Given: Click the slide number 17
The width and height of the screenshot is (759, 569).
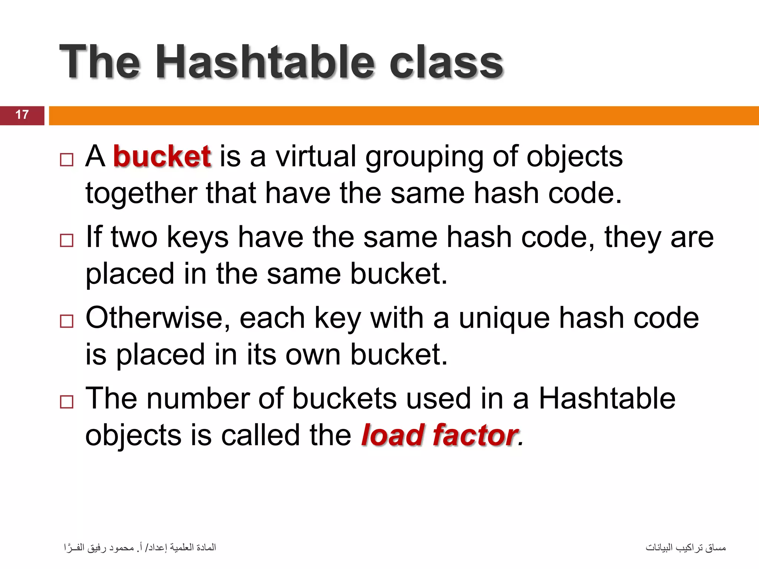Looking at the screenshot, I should click(22, 115).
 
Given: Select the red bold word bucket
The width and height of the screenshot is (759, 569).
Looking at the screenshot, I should click(162, 156).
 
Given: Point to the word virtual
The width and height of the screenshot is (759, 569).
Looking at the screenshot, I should click(316, 156).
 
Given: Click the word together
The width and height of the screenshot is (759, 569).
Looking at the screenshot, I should click(141, 193).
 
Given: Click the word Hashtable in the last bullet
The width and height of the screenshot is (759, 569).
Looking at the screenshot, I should click(607, 399).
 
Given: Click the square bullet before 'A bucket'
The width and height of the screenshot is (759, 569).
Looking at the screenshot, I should click(67, 160).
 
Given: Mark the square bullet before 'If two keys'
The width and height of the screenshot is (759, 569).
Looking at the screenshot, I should click(67, 240).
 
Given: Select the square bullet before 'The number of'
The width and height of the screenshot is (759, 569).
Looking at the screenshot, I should click(67, 402).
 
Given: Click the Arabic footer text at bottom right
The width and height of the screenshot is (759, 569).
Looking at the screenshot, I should click(686, 548).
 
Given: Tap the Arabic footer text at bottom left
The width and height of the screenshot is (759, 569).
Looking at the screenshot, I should click(140, 548).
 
